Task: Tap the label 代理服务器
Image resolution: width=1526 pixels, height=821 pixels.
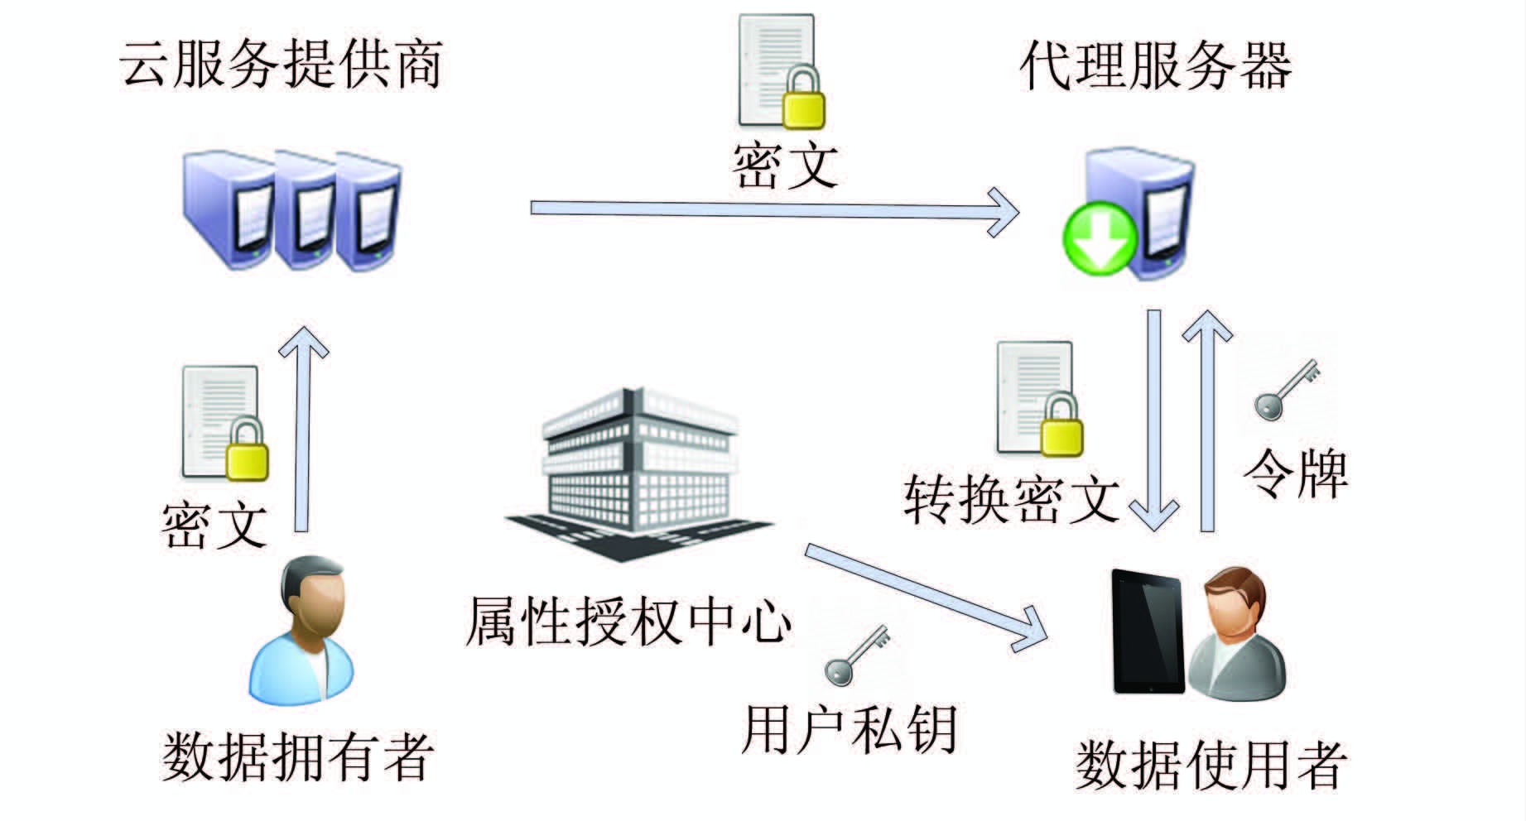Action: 1155,66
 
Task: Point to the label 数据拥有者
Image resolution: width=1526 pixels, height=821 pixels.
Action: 297,755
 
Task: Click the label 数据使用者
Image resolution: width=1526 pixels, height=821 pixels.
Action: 1211,763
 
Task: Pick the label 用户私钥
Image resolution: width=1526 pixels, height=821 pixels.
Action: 850,730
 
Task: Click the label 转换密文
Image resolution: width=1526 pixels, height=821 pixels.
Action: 1012,499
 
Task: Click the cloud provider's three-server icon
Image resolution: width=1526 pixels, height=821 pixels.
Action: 292,211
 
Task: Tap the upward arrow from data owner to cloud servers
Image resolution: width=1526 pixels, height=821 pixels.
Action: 302,430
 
